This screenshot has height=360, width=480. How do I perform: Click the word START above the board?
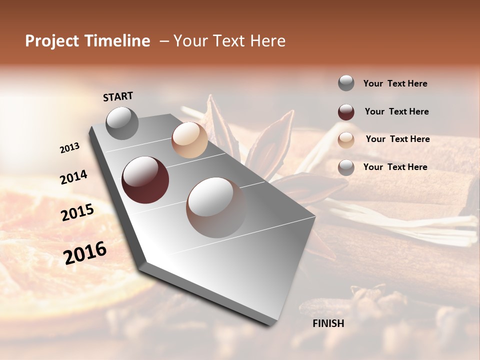click(118, 96)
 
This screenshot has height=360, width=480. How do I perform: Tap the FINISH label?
click(328, 323)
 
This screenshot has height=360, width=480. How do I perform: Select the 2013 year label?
click(70, 147)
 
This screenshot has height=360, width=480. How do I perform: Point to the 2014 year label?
click(73, 177)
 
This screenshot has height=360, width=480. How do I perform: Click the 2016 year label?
click(85, 253)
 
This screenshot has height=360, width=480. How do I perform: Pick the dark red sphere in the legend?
click(346, 112)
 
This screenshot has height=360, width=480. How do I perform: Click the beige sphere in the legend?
click(346, 140)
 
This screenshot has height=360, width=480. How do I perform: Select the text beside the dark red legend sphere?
click(396, 111)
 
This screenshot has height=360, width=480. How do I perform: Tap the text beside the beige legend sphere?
click(397, 139)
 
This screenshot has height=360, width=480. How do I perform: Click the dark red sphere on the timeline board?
click(145, 180)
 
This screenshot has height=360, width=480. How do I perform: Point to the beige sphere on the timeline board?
click(189, 140)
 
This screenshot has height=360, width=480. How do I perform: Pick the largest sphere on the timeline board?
click(216, 207)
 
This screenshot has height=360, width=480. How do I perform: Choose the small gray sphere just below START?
click(122, 123)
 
